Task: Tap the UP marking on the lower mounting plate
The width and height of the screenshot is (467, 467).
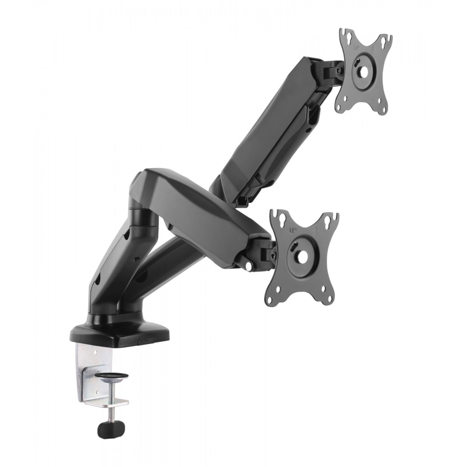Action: point(293,230)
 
